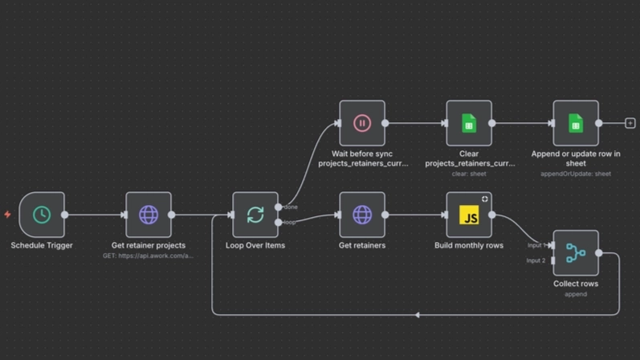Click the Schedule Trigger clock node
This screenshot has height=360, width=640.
pos(42,215)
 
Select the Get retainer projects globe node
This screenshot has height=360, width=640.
pos(149,215)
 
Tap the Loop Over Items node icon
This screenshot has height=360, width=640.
pos(255,215)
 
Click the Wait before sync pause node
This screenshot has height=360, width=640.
pos(362,123)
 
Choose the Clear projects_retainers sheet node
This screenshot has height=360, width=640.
pos(469,123)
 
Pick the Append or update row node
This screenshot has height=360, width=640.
pos(576,123)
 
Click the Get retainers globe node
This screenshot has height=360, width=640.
pos(362,215)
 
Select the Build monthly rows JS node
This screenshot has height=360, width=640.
pos(469,215)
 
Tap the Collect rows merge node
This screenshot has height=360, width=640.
pos(576,253)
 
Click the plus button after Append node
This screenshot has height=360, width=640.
pos(630,123)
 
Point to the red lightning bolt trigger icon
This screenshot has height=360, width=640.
pos(8,215)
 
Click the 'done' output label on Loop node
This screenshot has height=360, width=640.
pos(291,207)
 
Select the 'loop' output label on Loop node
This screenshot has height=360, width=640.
pos(289,222)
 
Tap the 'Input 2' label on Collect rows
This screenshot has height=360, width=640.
pos(536,260)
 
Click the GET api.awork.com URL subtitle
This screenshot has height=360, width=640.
pos(149,256)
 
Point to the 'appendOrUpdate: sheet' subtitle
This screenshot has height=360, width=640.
pos(576,174)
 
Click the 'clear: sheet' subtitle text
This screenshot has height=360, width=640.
pos(469,174)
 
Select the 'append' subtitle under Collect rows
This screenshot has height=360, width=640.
pos(576,294)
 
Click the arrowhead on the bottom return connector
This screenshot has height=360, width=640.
pos(417,315)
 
